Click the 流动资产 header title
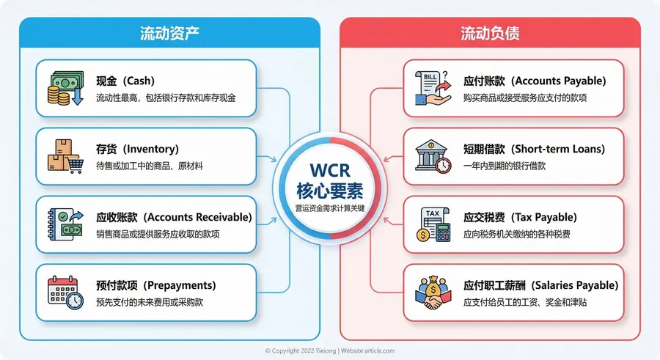point(170,33)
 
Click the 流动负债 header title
point(490,33)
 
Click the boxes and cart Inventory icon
point(65,156)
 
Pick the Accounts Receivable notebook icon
point(65,224)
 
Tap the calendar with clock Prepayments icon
point(65,292)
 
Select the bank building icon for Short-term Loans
point(433,156)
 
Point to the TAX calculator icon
point(433,224)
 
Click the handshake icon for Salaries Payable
point(433,292)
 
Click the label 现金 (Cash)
point(125,81)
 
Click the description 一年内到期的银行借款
point(505,166)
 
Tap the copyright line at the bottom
point(330,350)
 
